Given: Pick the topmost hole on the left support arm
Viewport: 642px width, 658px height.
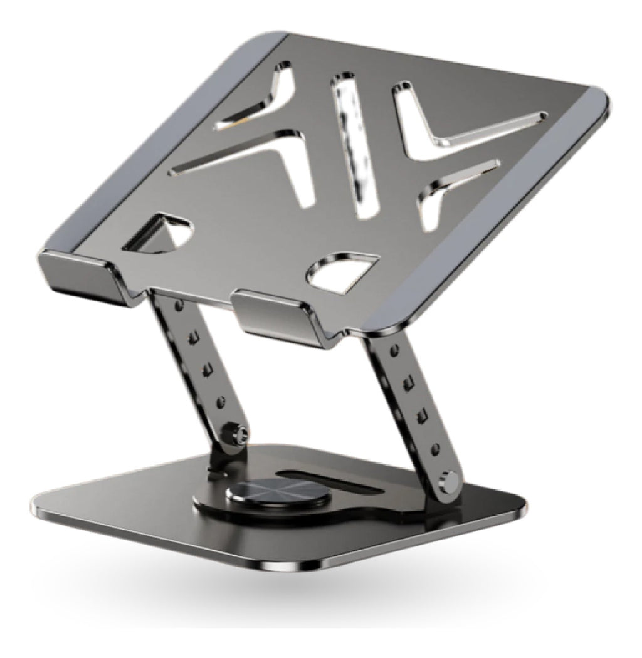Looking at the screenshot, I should pos(181,305).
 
